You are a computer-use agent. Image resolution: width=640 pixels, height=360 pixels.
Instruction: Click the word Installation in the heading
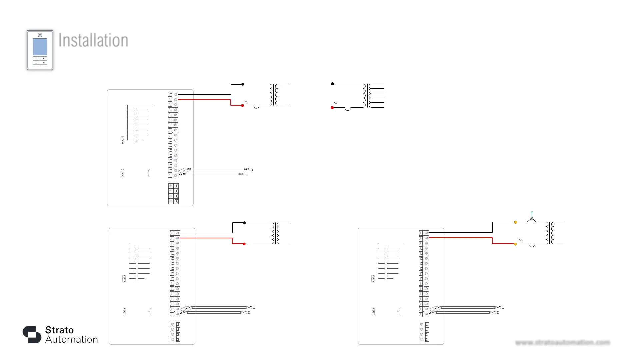coord(93,40)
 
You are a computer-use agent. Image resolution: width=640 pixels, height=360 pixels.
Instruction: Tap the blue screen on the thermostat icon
coord(40,47)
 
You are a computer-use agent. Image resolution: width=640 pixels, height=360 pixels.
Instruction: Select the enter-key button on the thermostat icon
coord(36,63)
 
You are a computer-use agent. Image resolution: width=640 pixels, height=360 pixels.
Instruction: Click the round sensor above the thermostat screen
coord(40,35)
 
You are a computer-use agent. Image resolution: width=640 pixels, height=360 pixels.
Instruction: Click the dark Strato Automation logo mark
coord(32,334)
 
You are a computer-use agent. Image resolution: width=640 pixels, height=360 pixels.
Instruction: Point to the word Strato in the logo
coord(59,330)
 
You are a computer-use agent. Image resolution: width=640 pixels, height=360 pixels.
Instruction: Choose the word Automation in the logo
coord(72,340)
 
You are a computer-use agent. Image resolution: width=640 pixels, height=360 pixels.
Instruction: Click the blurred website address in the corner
coord(562,342)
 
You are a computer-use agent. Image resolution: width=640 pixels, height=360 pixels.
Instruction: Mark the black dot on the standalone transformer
coord(332,84)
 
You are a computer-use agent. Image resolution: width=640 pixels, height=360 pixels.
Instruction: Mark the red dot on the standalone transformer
coord(332,108)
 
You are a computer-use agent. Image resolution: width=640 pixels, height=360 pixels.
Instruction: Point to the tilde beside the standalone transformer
coord(335,103)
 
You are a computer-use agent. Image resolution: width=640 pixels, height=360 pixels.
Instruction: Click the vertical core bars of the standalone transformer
coord(367,96)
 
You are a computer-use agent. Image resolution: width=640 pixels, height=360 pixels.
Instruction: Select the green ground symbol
coord(532,212)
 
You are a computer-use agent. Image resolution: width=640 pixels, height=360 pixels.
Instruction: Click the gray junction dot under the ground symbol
coord(532,218)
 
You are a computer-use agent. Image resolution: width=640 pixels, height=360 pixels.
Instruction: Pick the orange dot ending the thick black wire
coord(516,222)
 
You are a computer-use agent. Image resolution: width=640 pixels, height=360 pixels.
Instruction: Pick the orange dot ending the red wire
coord(515,244)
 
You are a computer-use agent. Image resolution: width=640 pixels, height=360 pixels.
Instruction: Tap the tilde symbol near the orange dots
coord(520,240)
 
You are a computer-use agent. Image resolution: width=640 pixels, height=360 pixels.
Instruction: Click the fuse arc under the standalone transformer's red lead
coord(348,109)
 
